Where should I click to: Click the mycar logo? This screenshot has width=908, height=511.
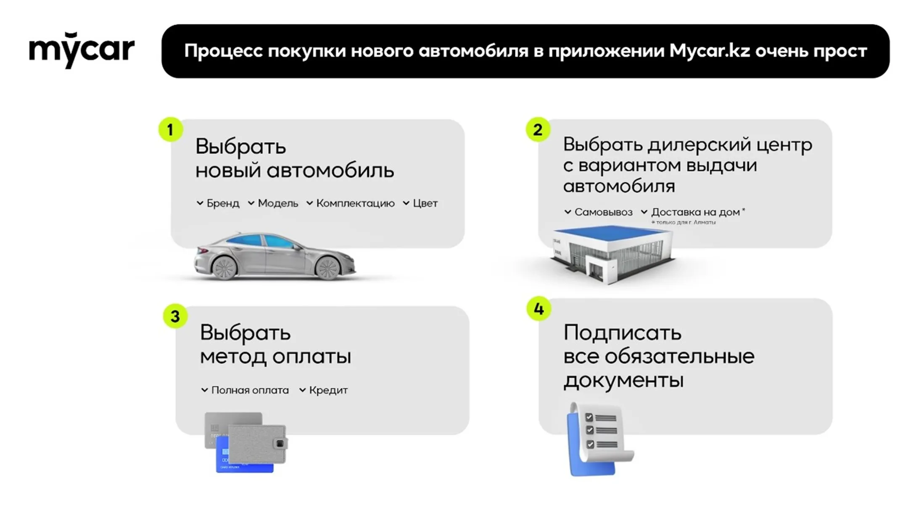(82, 50)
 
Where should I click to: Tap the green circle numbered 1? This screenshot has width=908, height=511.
(170, 130)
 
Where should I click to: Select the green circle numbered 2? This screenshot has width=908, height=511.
(538, 130)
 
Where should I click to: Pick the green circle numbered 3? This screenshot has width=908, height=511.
(175, 316)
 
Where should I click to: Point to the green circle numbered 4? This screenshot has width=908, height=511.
(538, 309)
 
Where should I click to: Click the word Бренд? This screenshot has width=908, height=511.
(223, 203)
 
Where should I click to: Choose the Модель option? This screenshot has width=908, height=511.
(278, 203)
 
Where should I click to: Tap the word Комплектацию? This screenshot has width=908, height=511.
(355, 203)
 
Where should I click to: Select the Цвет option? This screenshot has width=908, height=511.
(425, 203)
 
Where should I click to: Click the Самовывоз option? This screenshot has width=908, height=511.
(603, 212)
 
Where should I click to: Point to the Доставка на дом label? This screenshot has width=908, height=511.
(695, 212)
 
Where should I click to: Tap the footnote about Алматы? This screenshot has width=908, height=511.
(684, 222)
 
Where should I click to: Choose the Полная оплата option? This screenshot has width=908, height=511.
(250, 390)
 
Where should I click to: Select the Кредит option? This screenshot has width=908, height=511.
(328, 390)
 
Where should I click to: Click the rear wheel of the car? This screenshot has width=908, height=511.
(224, 268)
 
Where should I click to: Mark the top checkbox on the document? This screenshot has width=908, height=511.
(589, 417)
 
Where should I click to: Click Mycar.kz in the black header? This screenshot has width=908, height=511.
(710, 51)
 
